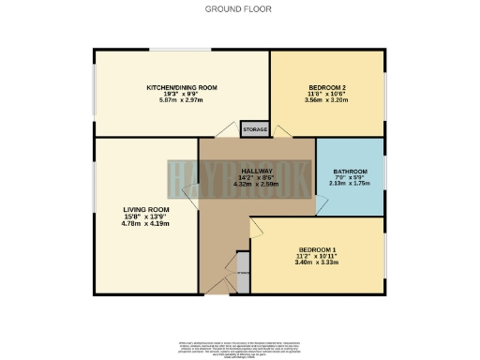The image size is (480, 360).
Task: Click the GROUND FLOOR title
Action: pyautogui.click(x=239, y=9)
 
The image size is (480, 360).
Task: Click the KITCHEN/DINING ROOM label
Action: pyautogui.click(x=181, y=87)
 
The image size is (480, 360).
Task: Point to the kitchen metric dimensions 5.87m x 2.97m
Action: pyautogui.click(x=181, y=100)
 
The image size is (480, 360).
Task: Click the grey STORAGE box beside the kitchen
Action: pyautogui.click(x=254, y=129)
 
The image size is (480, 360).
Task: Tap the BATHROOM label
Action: pyautogui.click(x=350, y=172)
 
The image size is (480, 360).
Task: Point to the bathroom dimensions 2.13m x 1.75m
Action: pyautogui.click(x=350, y=184)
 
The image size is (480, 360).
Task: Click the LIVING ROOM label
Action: pyautogui.click(x=145, y=209)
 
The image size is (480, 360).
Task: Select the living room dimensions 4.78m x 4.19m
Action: pyautogui.click(x=145, y=223)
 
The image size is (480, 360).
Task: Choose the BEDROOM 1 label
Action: pyautogui.click(x=317, y=248)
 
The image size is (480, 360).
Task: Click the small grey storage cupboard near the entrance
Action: pyautogui.click(x=243, y=275)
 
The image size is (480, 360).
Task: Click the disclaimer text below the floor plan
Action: pyautogui.click(x=239, y=345)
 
